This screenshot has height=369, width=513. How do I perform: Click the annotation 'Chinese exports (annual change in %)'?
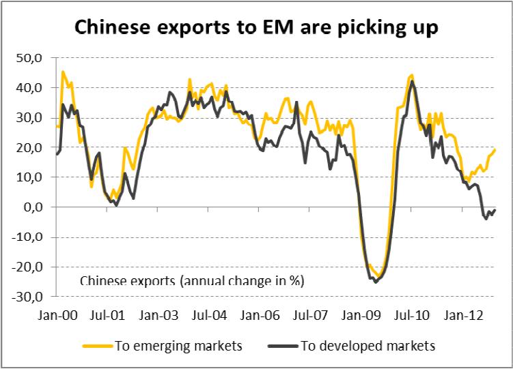tap(192, 280)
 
